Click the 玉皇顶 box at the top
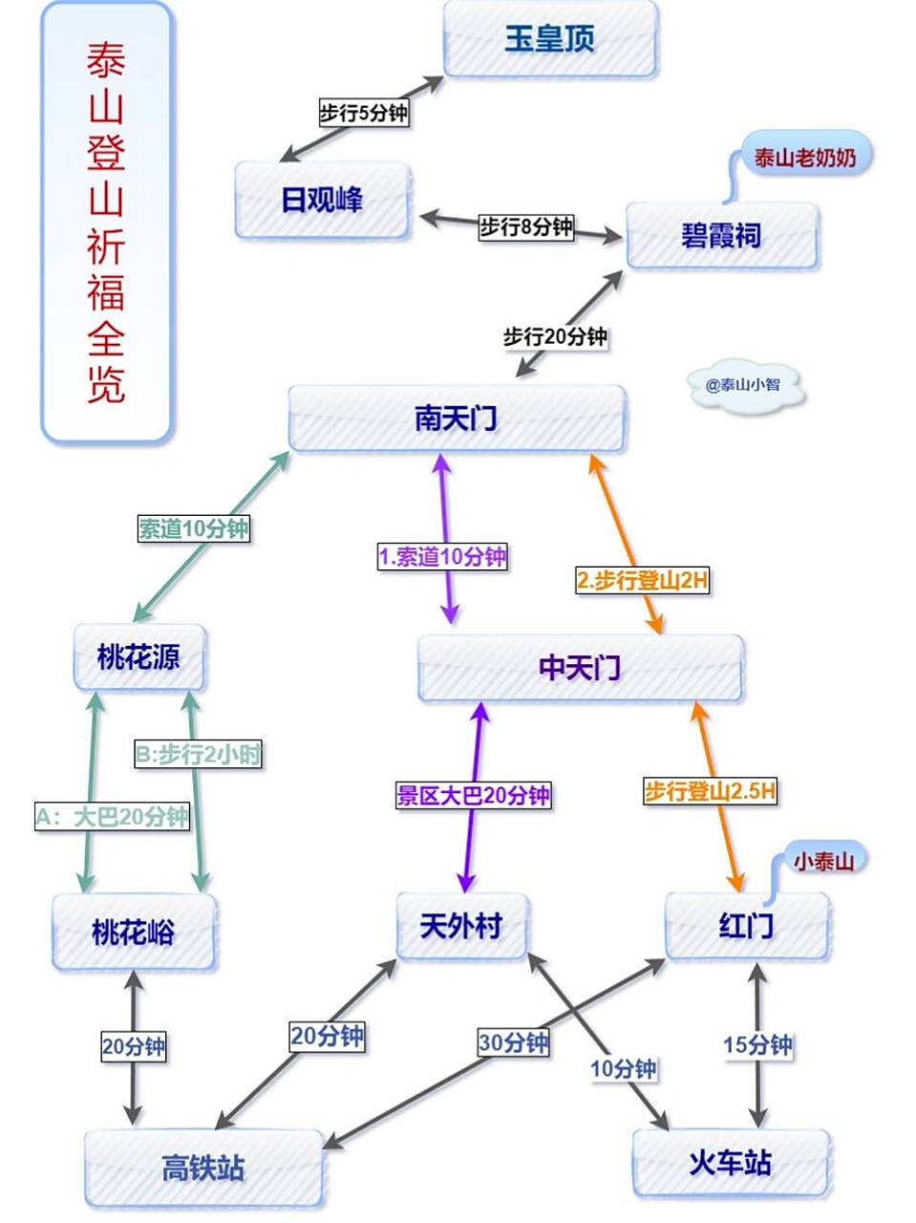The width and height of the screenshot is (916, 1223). point(550,39)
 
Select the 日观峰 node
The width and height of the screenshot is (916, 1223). point(323,200)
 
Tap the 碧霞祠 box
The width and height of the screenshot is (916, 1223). point(722,235)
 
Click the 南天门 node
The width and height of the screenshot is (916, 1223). point(457,418)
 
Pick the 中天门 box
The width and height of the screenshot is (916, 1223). point(580,667)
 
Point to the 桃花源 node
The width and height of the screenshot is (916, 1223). point(139,657)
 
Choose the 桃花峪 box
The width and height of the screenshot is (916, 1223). point(134,932)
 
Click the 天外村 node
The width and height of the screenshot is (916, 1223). point(461,926)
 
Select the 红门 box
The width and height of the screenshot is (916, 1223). point(747,926)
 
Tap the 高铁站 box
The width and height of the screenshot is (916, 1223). point(203,1168)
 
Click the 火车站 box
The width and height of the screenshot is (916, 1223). point(731,1163)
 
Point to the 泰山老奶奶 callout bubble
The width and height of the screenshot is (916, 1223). point(805,158)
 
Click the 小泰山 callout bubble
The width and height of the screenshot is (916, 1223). point(823,861)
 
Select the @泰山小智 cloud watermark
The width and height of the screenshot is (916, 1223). point(743,385)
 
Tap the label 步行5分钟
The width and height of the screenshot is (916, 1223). point(363,113)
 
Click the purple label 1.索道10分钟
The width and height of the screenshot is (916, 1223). point(442,557)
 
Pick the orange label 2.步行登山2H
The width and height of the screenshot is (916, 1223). point(642,580)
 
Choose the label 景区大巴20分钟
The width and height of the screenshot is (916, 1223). point(474,795)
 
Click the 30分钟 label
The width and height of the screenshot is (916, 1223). point(514,1042)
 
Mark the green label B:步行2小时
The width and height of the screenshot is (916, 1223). point(198,755)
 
